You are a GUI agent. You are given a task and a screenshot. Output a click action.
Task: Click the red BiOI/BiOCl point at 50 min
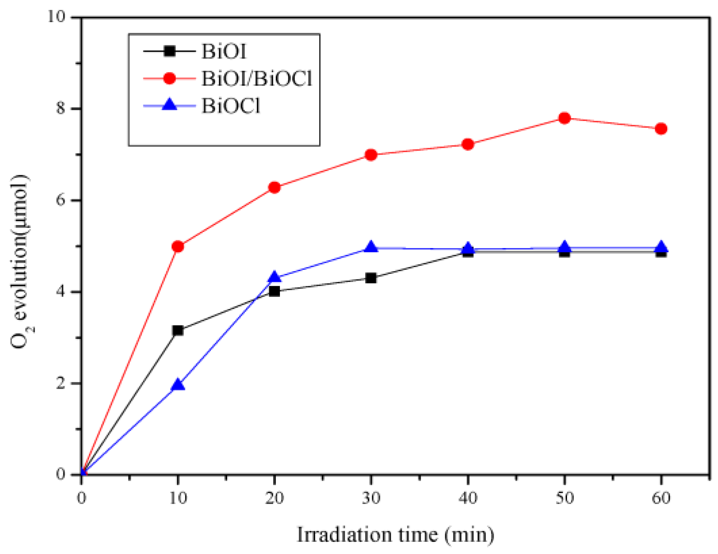click(564, 118)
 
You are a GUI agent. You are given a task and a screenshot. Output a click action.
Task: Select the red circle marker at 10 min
click(178, 246)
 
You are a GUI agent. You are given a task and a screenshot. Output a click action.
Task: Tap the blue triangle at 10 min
click(178, 385)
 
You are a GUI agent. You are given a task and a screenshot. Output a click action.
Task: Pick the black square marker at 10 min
click(178, 330)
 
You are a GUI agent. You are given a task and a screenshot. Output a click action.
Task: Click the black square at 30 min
click(371, 278)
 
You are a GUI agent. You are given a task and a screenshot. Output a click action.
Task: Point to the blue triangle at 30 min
click(371, 247)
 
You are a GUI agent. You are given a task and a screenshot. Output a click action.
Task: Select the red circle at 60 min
click(661, 129)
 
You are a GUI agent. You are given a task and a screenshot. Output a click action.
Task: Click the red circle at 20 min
click(274, 187)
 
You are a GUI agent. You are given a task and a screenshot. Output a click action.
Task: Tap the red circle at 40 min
click(468, 144)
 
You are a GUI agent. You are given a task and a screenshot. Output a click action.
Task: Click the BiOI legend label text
click(224, 51)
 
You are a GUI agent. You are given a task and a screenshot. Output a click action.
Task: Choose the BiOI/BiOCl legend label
click(256, 79)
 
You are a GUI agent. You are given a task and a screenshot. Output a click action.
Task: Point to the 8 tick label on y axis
click(61, 109)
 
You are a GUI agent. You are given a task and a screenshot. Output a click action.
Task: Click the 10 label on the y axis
click(57, 17)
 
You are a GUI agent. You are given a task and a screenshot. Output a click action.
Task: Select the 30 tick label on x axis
click(371, 498)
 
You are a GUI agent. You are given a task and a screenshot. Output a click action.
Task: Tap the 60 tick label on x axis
click(661, 498)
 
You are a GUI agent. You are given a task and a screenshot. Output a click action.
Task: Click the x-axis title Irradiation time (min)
click(395, 535)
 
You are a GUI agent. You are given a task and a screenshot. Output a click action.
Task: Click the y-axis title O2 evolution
click(21, 261)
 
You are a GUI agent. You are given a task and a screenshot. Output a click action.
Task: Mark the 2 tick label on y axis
click(61, 383)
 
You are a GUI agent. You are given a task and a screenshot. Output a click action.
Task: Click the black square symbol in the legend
click(169, 51)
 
